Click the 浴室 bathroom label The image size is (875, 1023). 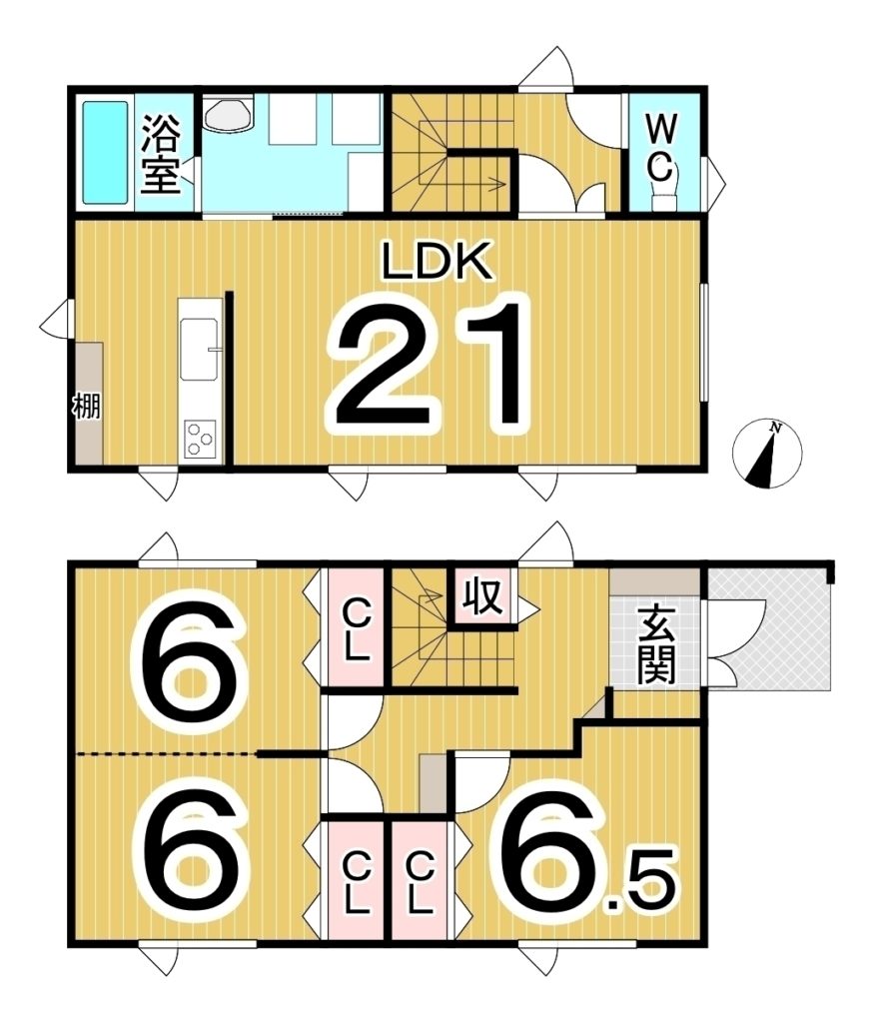click(x=160, y=154)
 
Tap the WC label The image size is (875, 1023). click(x=661, y=148)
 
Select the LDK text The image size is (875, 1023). click(x=436, y=260)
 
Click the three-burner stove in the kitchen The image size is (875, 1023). click(x=200, y=439)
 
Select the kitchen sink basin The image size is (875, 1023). click(x=199, y=349)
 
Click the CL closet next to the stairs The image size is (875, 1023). click(x=356, y=629)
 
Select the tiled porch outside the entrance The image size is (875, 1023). click(x=770, y=629)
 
